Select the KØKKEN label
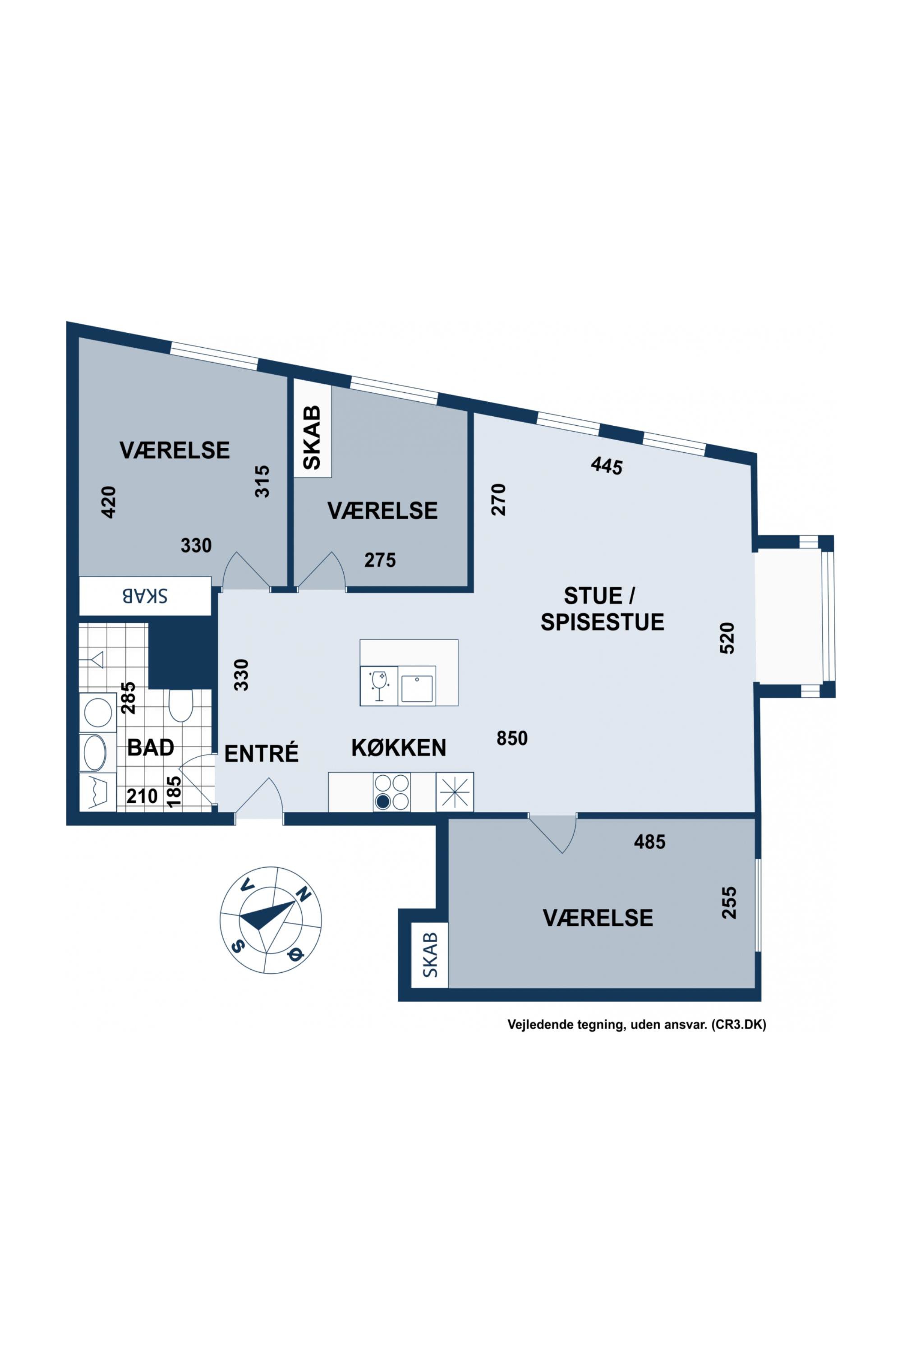click(399, 747)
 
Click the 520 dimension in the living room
click(728, 638)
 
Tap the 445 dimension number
click(607, 466)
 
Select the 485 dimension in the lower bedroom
click(649, 842)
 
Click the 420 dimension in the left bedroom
click(108, 502)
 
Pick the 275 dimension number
click(380, 560)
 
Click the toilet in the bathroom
click(181, 704)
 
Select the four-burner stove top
click(392, 792)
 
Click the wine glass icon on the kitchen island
click(379, 685)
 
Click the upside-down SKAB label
click(144, 595)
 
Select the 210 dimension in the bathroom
click(142, 796)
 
